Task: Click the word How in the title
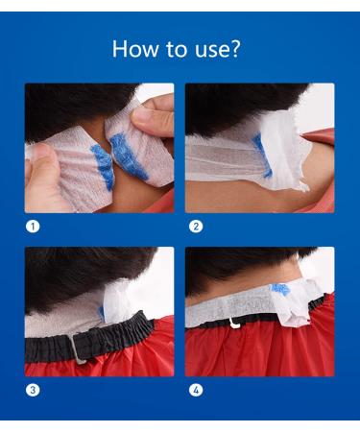135,49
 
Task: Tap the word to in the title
177,50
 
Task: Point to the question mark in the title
234,49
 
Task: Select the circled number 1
33,227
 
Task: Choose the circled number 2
196,227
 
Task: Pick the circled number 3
33,390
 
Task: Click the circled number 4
196,390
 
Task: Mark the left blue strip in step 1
104,166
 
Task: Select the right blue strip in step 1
128,156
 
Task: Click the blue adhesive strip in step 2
261,156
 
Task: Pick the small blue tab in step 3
101,313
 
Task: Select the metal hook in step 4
235,324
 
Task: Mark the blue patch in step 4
280,289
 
